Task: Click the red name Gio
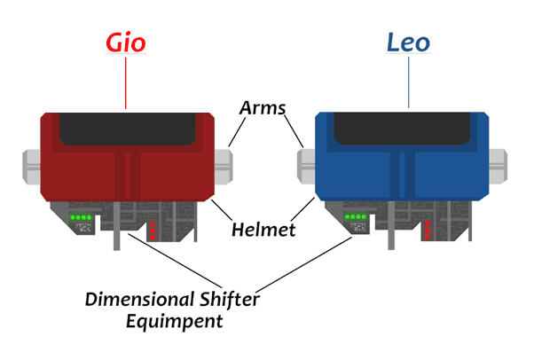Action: (x=127, y=43)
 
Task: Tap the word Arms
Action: (x=263, y=108)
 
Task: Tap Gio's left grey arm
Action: (x=31, y=162)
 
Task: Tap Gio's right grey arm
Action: (x=224, y=162)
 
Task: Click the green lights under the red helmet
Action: (x=81, y=216)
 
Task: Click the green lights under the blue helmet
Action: (x=356, y=216)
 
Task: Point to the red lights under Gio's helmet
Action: (x=152, y=229)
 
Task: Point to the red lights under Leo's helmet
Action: (x=427, y=229)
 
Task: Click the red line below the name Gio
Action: (x=127, y=84)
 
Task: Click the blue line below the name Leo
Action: (x=408, y=84)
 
